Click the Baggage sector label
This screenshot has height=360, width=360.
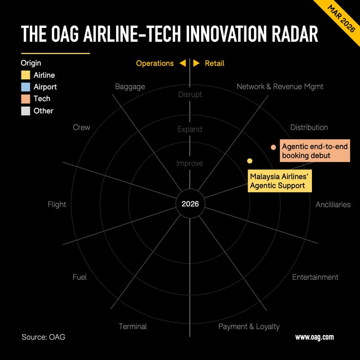130,87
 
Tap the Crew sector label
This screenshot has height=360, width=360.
81,127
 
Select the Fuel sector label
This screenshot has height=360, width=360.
79,277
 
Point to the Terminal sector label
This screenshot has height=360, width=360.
132,326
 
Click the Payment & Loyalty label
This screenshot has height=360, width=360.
249,326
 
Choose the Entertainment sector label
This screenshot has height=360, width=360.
315,277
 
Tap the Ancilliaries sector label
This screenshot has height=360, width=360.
333,204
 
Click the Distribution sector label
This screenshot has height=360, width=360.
309,127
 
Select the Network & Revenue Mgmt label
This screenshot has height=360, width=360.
280,87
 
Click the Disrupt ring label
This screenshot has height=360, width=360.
190,95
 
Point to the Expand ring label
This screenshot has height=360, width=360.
190,129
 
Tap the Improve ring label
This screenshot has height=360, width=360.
190,163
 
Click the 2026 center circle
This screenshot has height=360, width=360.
190,204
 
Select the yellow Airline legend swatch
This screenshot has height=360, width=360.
25,75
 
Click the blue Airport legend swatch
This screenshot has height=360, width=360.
25,87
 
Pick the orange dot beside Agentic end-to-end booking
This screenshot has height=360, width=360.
273,147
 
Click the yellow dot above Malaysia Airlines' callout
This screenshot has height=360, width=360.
250,161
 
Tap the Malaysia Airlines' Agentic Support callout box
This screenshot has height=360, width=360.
279,181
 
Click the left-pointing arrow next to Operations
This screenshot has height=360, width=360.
182,63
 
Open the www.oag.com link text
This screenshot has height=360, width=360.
314,337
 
